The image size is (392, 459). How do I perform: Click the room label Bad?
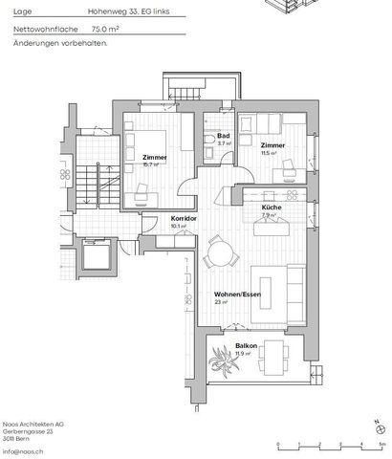[x=224, y=136]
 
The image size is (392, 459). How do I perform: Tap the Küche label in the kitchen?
[x=270, y=208]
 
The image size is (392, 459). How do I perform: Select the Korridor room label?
[x=183, y=219]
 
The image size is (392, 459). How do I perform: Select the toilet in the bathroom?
[x=208, y=142]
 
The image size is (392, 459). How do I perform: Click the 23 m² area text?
[x=220, y=302]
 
